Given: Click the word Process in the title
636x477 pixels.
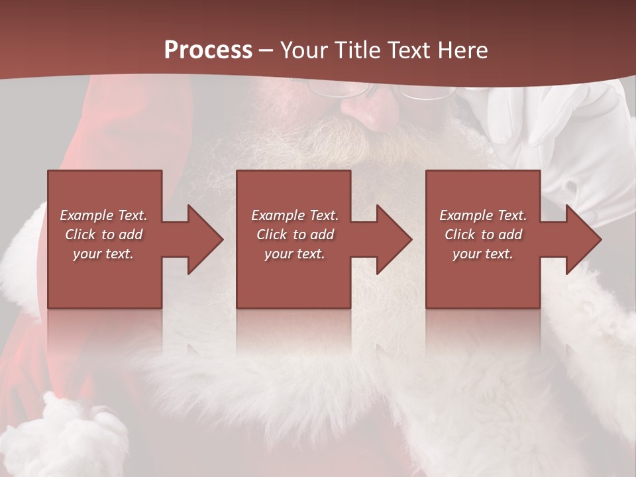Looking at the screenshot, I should [208, 50].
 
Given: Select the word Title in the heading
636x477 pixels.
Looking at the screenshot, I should [356, 50].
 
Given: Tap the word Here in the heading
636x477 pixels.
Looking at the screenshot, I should [462, 50].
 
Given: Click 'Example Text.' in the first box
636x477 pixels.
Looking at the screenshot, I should [103, 215].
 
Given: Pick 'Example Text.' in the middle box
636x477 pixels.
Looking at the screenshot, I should [295, 215].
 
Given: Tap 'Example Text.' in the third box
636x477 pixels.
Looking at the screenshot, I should [483, 215].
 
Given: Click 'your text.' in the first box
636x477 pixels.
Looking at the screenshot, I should [103, 254].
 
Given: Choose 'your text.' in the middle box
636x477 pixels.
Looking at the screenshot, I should [295, 254].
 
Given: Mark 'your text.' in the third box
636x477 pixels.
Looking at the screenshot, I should [483, 254].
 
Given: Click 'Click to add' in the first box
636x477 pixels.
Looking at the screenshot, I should [103, 235].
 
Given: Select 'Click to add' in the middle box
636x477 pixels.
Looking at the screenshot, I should [295, 235].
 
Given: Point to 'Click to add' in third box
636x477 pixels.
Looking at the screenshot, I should [483, 235].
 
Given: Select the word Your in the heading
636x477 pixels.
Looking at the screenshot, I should [303, 50].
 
